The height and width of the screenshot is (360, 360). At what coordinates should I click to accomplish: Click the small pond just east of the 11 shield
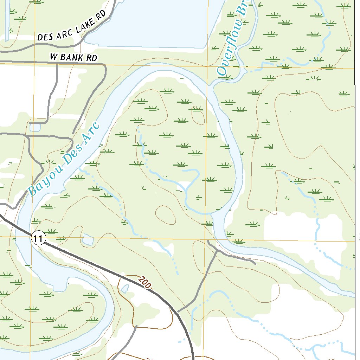(87, 240)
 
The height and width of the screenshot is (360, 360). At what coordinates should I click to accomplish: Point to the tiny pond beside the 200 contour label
(124, 289)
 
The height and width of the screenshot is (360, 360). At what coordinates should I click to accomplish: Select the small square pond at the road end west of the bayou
(34, 127)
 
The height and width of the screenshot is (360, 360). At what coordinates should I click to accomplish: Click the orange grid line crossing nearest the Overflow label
(207, 66)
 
